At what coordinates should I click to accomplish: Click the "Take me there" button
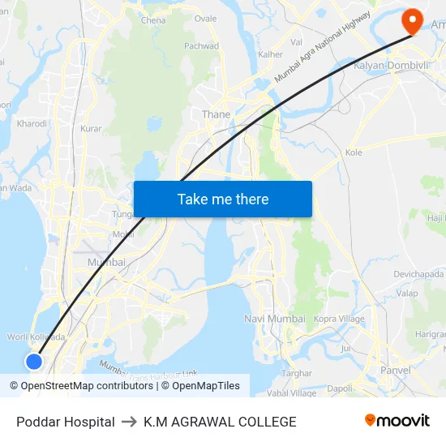coord(223,199)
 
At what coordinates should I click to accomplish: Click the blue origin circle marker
coord(34,362)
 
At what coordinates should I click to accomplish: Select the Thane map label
coord(216,114)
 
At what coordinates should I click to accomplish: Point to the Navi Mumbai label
coord(274,319)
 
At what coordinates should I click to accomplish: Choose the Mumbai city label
coord(106,262)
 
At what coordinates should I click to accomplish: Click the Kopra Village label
coord(339,319)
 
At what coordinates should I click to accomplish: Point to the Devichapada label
coord(418,274)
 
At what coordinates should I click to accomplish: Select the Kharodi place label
coord(32,124)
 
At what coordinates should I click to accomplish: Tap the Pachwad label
coord(202,46)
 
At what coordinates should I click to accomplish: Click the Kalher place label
coord(270,54)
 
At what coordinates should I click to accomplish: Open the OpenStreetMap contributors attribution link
coord(87,386)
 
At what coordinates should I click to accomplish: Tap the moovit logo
coord(397,421)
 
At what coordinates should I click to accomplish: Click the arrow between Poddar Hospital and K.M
coord(129,422)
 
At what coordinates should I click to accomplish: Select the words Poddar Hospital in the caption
coord(66,422)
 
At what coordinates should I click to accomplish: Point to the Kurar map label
coord(92,129)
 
